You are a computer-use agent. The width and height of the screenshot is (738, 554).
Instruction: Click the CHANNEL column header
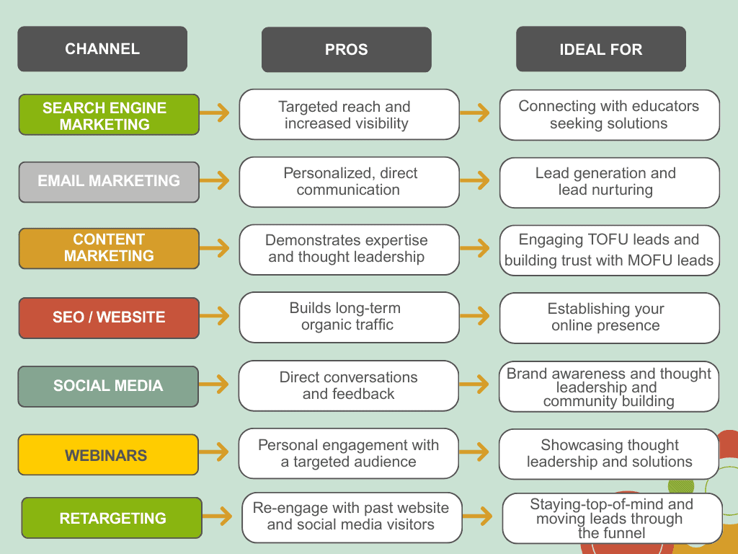[x=102, y=49]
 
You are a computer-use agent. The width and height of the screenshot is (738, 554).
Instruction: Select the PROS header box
[x=346, y=50]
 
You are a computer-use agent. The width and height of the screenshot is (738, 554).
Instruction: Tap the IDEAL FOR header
[x=600, y=50]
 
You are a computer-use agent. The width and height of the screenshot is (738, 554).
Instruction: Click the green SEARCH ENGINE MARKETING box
[x=109, y=115]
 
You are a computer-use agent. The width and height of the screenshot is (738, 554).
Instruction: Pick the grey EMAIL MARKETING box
[x=109, y=181]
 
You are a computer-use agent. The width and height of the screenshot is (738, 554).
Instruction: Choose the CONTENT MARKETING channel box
[x=109, y=247]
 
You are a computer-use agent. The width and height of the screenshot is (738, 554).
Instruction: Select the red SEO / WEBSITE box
[x=109, y=317]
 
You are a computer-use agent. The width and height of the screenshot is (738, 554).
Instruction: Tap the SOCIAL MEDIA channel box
[x=108, y=386]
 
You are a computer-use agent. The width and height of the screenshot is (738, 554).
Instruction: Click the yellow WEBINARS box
[x=108, y=455]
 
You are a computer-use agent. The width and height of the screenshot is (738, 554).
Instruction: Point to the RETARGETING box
[x=112, y=518]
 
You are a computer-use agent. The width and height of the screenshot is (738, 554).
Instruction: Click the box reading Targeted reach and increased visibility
[x=349, y=115]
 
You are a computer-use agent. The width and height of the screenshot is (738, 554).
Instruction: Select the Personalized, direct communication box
[x=349, y=182]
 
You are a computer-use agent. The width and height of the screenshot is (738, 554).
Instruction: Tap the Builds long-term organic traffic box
[x=349, y=317]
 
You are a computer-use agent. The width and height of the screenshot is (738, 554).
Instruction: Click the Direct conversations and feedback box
[x=349, y=386]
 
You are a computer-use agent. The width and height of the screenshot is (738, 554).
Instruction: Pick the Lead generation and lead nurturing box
[x=609, y=182]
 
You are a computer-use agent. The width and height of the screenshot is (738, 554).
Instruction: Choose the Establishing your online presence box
[x=609, y=317]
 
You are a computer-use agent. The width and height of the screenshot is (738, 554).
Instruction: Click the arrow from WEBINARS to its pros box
[x=215, y=453]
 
